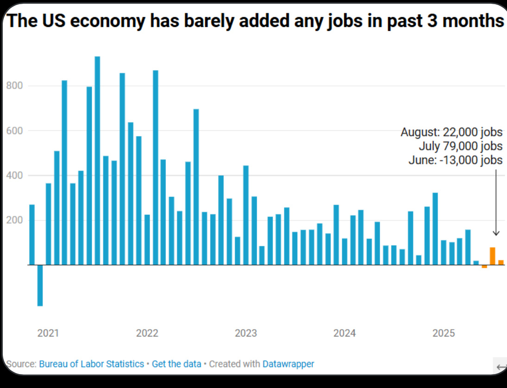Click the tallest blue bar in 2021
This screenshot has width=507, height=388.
point(97,160)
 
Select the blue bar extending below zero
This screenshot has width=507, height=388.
point(40,285)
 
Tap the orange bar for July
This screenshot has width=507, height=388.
point(492,256)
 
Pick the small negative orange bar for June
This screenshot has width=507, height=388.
point(484,266)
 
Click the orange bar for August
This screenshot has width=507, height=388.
point(501,262)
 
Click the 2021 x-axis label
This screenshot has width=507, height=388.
point(48,333)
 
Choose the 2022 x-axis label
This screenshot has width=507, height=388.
point(147,333)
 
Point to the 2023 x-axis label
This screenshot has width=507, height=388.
point(246,333)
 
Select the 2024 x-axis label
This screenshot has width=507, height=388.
point(344,333)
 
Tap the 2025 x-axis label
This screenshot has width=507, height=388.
point(444,333)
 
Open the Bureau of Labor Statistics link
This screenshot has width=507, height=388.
point(91,364)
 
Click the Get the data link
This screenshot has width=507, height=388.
point(177,364)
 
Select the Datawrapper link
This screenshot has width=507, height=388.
point(288,364)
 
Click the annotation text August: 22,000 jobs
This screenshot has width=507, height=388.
point(451,132)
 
